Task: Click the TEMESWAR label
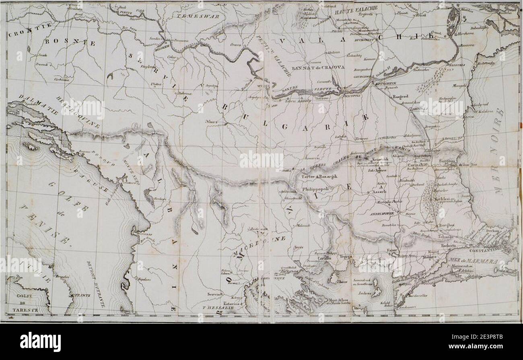point(196,15)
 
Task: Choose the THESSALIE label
point(218,308)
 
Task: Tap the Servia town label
point(213,294)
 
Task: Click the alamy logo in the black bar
point(40,342)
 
